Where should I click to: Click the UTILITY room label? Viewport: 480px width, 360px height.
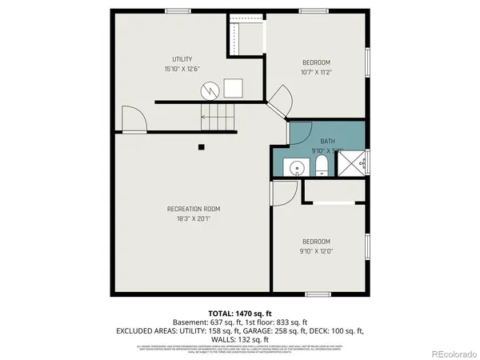pyautogui.click(x=182, y=59)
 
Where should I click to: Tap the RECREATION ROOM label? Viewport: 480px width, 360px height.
pyautogui.click(x=194, y=209)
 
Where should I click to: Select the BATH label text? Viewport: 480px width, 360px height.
pyautogui.click(x=327, y=141)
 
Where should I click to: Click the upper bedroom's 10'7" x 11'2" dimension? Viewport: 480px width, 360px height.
pyautogui.click(x=316, y=72)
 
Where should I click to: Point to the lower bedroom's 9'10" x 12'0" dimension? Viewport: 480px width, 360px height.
pyautogui.click(x=316, y=250)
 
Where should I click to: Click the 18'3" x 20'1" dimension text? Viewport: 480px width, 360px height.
pyautogui.click(x=194, y=218)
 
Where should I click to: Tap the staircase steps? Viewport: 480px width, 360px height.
pyautogui.click(x=218, y=118)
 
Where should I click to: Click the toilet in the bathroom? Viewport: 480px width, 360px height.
pyautogui.click(x=321, y=166)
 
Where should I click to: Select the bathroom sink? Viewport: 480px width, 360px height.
pyautogui.click(x=297, y=168)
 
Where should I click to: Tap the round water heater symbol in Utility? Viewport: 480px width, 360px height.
pyautogui.click(x=209, y=90)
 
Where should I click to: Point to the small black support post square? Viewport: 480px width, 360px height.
pyautogui.click(x=202, y=146)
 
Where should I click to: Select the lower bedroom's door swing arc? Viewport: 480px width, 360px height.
pyautogui.click(x=285, y=192)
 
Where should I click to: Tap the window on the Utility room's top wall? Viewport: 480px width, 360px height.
pyautogui.click(x=178, y=10)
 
